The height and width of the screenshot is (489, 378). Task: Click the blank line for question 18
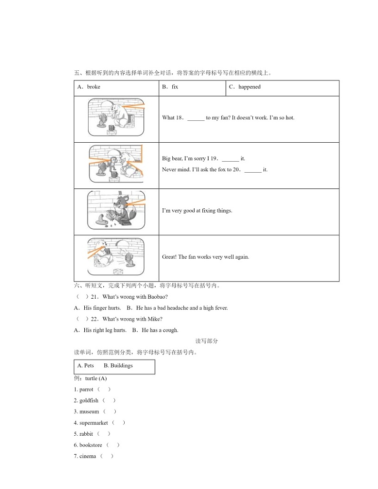pos(196,118)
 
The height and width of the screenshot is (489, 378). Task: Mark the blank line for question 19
pos(230,159)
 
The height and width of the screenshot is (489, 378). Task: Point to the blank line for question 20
pos(253,170)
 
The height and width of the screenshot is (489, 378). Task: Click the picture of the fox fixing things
pos(116,210)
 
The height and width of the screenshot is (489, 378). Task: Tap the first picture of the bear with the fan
pos(116,117)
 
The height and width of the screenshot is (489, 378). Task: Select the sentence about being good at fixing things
pos(197,211)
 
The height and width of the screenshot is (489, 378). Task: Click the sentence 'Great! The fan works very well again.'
pos(205,257)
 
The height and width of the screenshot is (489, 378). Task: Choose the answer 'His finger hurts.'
pos(102,308)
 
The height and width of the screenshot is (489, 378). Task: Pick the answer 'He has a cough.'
pos(160,330)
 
